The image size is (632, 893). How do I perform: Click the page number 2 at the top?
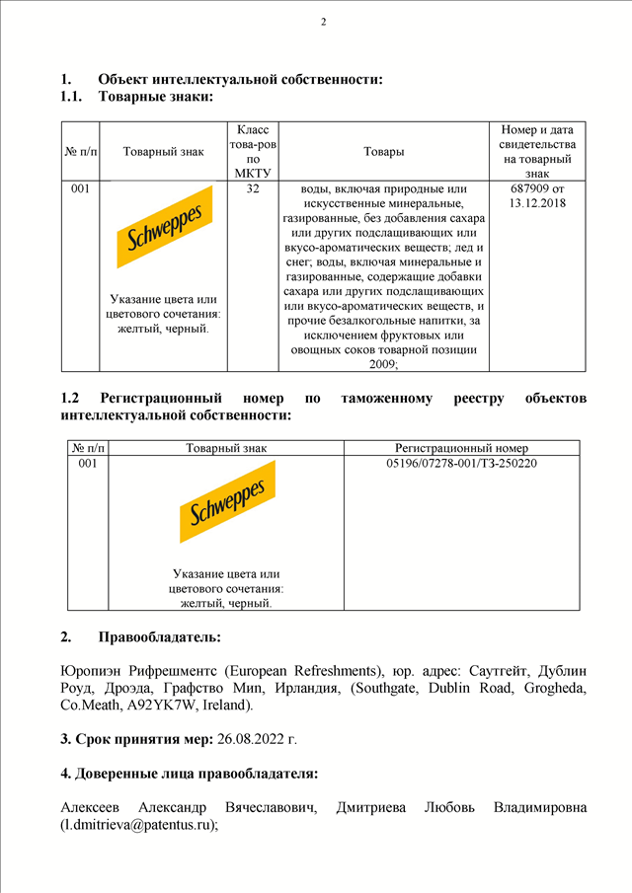click(323, 22)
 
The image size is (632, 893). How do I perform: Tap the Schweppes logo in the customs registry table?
click(226, 501)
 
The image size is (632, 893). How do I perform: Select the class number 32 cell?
click(253, 187)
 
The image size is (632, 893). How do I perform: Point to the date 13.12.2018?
click(537, 202)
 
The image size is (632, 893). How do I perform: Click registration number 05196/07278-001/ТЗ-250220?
click(461, 463)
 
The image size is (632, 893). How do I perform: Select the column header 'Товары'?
click(383, 151)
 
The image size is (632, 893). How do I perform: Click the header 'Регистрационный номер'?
click(461, 447)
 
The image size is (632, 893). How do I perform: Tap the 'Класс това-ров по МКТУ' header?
click(253, 151)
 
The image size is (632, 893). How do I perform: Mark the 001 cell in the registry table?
click(87, 463)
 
